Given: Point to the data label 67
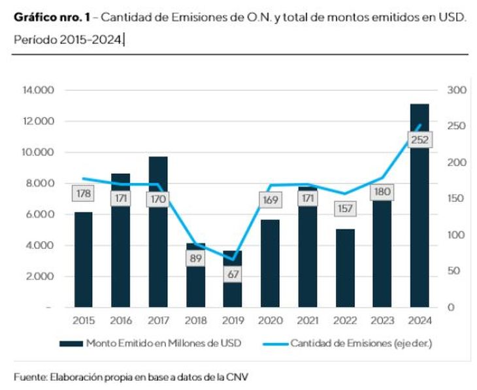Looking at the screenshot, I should click(232, 274).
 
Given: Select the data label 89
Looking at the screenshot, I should click(195, 258).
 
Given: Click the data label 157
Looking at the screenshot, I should click(344, 208).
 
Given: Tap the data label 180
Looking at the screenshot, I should click(382, 192).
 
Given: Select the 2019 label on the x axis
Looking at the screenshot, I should click(232, 320).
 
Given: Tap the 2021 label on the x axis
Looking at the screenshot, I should click(307, 320).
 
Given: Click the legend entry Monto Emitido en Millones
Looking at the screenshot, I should click(152, 343).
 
